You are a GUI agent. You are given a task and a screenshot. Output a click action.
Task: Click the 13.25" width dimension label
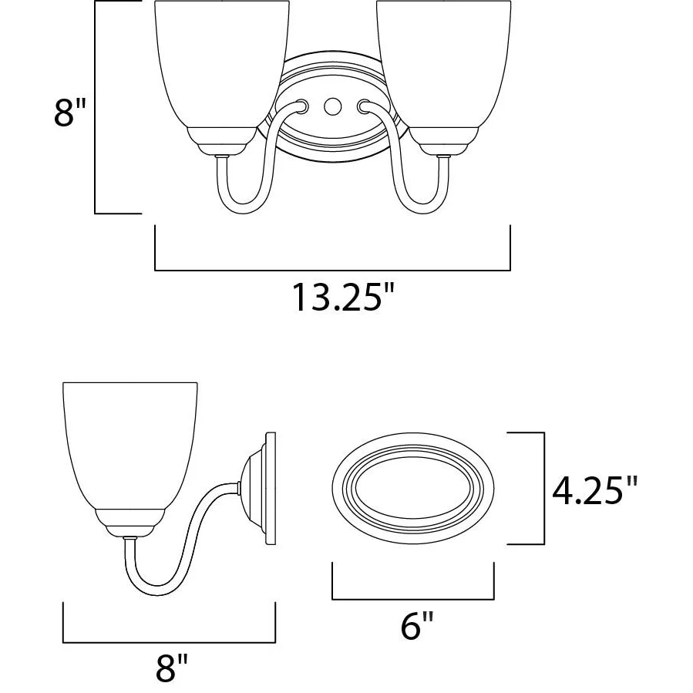(342, 298)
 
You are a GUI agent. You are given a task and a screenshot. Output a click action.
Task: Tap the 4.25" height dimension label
(595, 490)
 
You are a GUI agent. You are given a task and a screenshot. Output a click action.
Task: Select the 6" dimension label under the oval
(417, 625)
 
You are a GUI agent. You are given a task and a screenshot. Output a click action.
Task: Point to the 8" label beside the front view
(70, 113)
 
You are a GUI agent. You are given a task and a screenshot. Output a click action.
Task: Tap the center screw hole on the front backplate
(332, 106)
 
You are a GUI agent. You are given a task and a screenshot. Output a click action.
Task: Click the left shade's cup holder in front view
(222, 141)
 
